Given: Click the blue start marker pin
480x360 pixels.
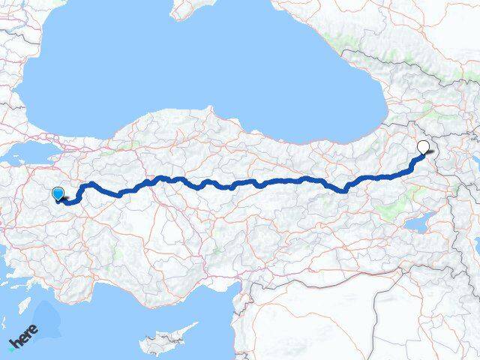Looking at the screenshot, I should tap(58, 193).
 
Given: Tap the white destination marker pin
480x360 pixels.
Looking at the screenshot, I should tap(424, 146).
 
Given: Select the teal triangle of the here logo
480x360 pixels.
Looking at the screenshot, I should tap(11, 346).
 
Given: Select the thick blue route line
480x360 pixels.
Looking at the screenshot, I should tap(247, 182).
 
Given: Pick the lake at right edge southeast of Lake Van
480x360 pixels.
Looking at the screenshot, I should tap(473, 247).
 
